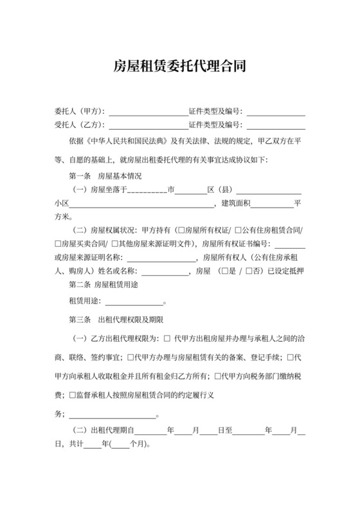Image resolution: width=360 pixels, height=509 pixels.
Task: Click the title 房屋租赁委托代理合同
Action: point(180,65)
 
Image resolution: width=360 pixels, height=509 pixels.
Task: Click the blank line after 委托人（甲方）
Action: point(148,112)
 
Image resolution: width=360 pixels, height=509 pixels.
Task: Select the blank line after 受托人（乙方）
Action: point(148,125)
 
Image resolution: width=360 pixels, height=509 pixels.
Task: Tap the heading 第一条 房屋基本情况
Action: point(104,175)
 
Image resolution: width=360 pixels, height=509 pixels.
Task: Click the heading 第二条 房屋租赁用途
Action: point(104,283)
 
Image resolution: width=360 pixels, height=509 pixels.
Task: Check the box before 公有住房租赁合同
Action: point(239,230)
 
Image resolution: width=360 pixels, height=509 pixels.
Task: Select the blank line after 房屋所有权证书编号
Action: point(290,244)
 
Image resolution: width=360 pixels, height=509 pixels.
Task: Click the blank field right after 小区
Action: point(142,204)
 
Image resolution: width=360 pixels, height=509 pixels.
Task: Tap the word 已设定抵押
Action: point(285,271)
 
